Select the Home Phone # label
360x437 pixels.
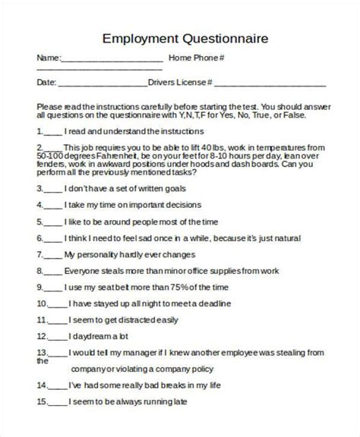click(x=196, y=58)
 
